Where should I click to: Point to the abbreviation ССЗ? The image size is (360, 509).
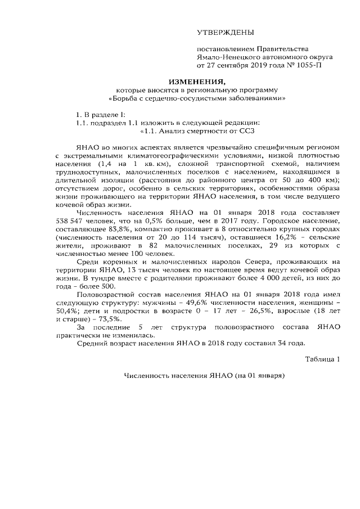247,132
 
